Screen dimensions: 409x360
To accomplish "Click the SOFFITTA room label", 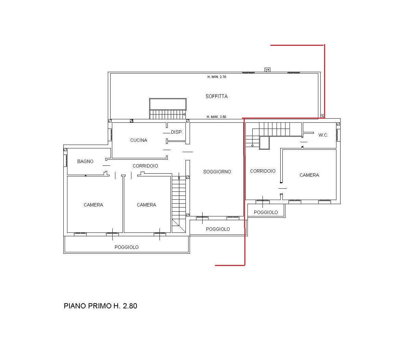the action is click(x=217, y=96).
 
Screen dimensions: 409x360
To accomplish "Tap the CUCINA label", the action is click(x=139, y=140).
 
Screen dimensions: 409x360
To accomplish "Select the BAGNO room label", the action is click(x=85, y=161).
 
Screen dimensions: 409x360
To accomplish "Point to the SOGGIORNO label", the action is click(x=217, y=172).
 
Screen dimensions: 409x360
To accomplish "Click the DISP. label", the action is click(x=177, y=132).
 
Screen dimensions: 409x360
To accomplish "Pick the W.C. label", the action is click(x=323, y=135).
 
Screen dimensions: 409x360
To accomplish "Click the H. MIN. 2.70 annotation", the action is click(x=217, y=77).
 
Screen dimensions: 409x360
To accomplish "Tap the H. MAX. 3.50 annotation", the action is click(x=217, y=117).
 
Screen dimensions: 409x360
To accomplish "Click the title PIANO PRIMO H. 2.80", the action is click(x=100, y=306).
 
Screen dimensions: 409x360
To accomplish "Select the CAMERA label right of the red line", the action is click(x=309, y=175).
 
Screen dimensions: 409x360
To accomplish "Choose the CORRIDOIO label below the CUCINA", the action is click(x=145, y=166).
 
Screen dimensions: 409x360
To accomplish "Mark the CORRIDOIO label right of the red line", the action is click(x=263, y=171).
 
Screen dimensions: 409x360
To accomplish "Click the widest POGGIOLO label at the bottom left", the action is click(x=127, y=247).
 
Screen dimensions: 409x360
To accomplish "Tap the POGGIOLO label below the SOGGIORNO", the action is click(x=218, y=229).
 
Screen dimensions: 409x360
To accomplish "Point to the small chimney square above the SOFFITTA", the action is click(x=267, y=70).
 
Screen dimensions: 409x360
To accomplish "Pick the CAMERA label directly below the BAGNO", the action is click(x=93, y=205).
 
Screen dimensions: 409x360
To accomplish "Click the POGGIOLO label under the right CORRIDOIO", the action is click(x=266, y=212).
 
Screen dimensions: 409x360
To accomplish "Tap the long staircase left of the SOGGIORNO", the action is click(x=179, y=203).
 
